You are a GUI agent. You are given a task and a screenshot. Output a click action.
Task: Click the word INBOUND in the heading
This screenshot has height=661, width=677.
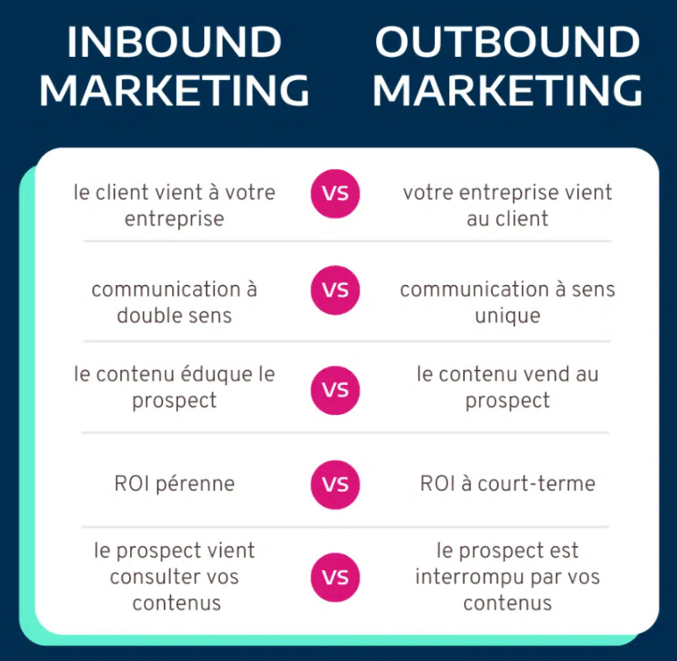(x=174, y=42)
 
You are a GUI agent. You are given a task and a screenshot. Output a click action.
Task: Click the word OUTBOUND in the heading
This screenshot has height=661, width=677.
(x=507, y=42)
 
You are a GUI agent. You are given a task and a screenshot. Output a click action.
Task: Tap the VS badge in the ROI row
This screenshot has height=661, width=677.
(x=335, y=485)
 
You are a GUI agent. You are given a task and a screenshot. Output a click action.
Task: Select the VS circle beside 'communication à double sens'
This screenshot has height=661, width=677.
(x=335, y=290)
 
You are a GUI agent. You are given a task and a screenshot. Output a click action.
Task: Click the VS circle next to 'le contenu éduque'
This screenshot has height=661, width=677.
(x=335, y=389)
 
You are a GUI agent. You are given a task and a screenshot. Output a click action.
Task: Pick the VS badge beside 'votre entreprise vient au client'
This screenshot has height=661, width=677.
(x=335, y=192)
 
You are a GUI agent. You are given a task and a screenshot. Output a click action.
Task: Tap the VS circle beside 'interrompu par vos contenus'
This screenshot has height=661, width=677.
(x=335, y=577)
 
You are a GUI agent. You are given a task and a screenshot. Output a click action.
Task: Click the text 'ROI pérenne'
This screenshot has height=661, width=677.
(x=175, y=485)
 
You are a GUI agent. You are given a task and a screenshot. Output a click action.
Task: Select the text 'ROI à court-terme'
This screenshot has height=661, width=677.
(x=508, y=485)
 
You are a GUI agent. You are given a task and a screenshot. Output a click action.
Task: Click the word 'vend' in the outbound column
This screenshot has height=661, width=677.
(x=546, y=374)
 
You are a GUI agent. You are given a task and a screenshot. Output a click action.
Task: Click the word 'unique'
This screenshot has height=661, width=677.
(x=508, y=315)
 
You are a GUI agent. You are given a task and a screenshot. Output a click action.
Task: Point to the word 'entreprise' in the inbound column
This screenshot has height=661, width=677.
(x=175, y=218)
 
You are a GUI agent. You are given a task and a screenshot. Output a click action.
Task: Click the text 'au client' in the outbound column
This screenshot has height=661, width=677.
(x=508, y=218)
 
